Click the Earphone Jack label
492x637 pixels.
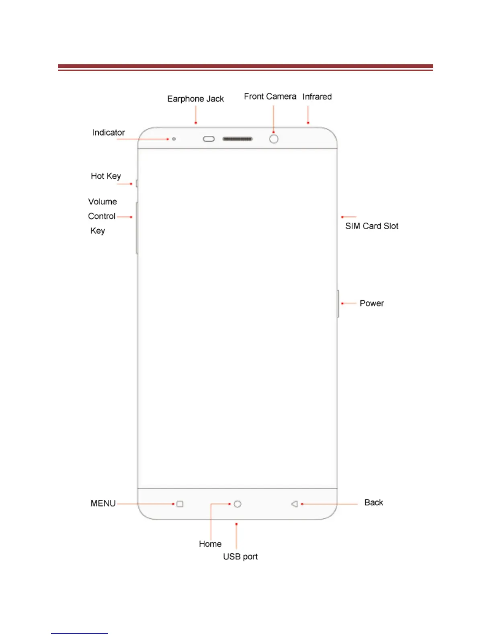click(x=195, y=99)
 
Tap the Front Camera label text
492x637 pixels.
click(x=270, y=97)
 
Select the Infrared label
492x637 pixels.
click(x=317, y=97)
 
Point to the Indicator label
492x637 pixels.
click(x=108, y=133)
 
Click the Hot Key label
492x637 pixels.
click(x=106, y=176)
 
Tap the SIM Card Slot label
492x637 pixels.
click(x=371, y=226)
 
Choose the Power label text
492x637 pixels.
click(x=371, y=303)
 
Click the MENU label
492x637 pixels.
click(x=103, y=503)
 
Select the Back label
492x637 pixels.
click(x=373, y=503)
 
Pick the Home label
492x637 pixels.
click(x=210, y=544)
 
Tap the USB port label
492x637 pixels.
click(x=240, y=557)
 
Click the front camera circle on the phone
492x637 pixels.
click(x=274, y=139)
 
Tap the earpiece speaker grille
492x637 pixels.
click(x=238, y=139)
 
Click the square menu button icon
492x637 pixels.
click(x=180, y=504)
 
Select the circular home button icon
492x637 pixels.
click(x=238, y=504)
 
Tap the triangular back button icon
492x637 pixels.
click(x=295, y=504)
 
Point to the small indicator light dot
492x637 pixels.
click(x=174, y=139)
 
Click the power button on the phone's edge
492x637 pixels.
click(x=338, y=303)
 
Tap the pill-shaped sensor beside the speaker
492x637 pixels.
click(x=209, y=139)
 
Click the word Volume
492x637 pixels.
click(x=102, y=202)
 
